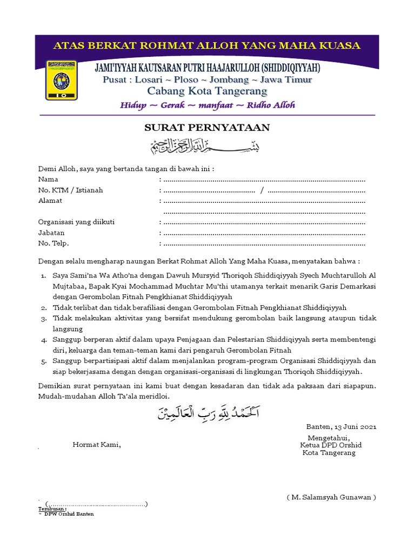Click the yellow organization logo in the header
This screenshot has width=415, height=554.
(61, 80)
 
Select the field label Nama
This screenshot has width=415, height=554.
(48, 179)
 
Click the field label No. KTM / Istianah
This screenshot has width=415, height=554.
(70, 190)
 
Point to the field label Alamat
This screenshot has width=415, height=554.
(50, 201)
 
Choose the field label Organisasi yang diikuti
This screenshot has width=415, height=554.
(76, 222)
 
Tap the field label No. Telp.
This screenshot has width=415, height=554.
(53, 243)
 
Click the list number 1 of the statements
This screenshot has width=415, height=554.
(43, 276)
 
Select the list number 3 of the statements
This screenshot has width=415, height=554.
(43, 319)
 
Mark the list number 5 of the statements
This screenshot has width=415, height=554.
(43, 361)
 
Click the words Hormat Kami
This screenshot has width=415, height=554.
(97, 445)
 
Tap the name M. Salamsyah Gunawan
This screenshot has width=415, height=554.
(331, 497)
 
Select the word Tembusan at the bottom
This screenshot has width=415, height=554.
(52, 509)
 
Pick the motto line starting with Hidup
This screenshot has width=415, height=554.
(207, 105)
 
